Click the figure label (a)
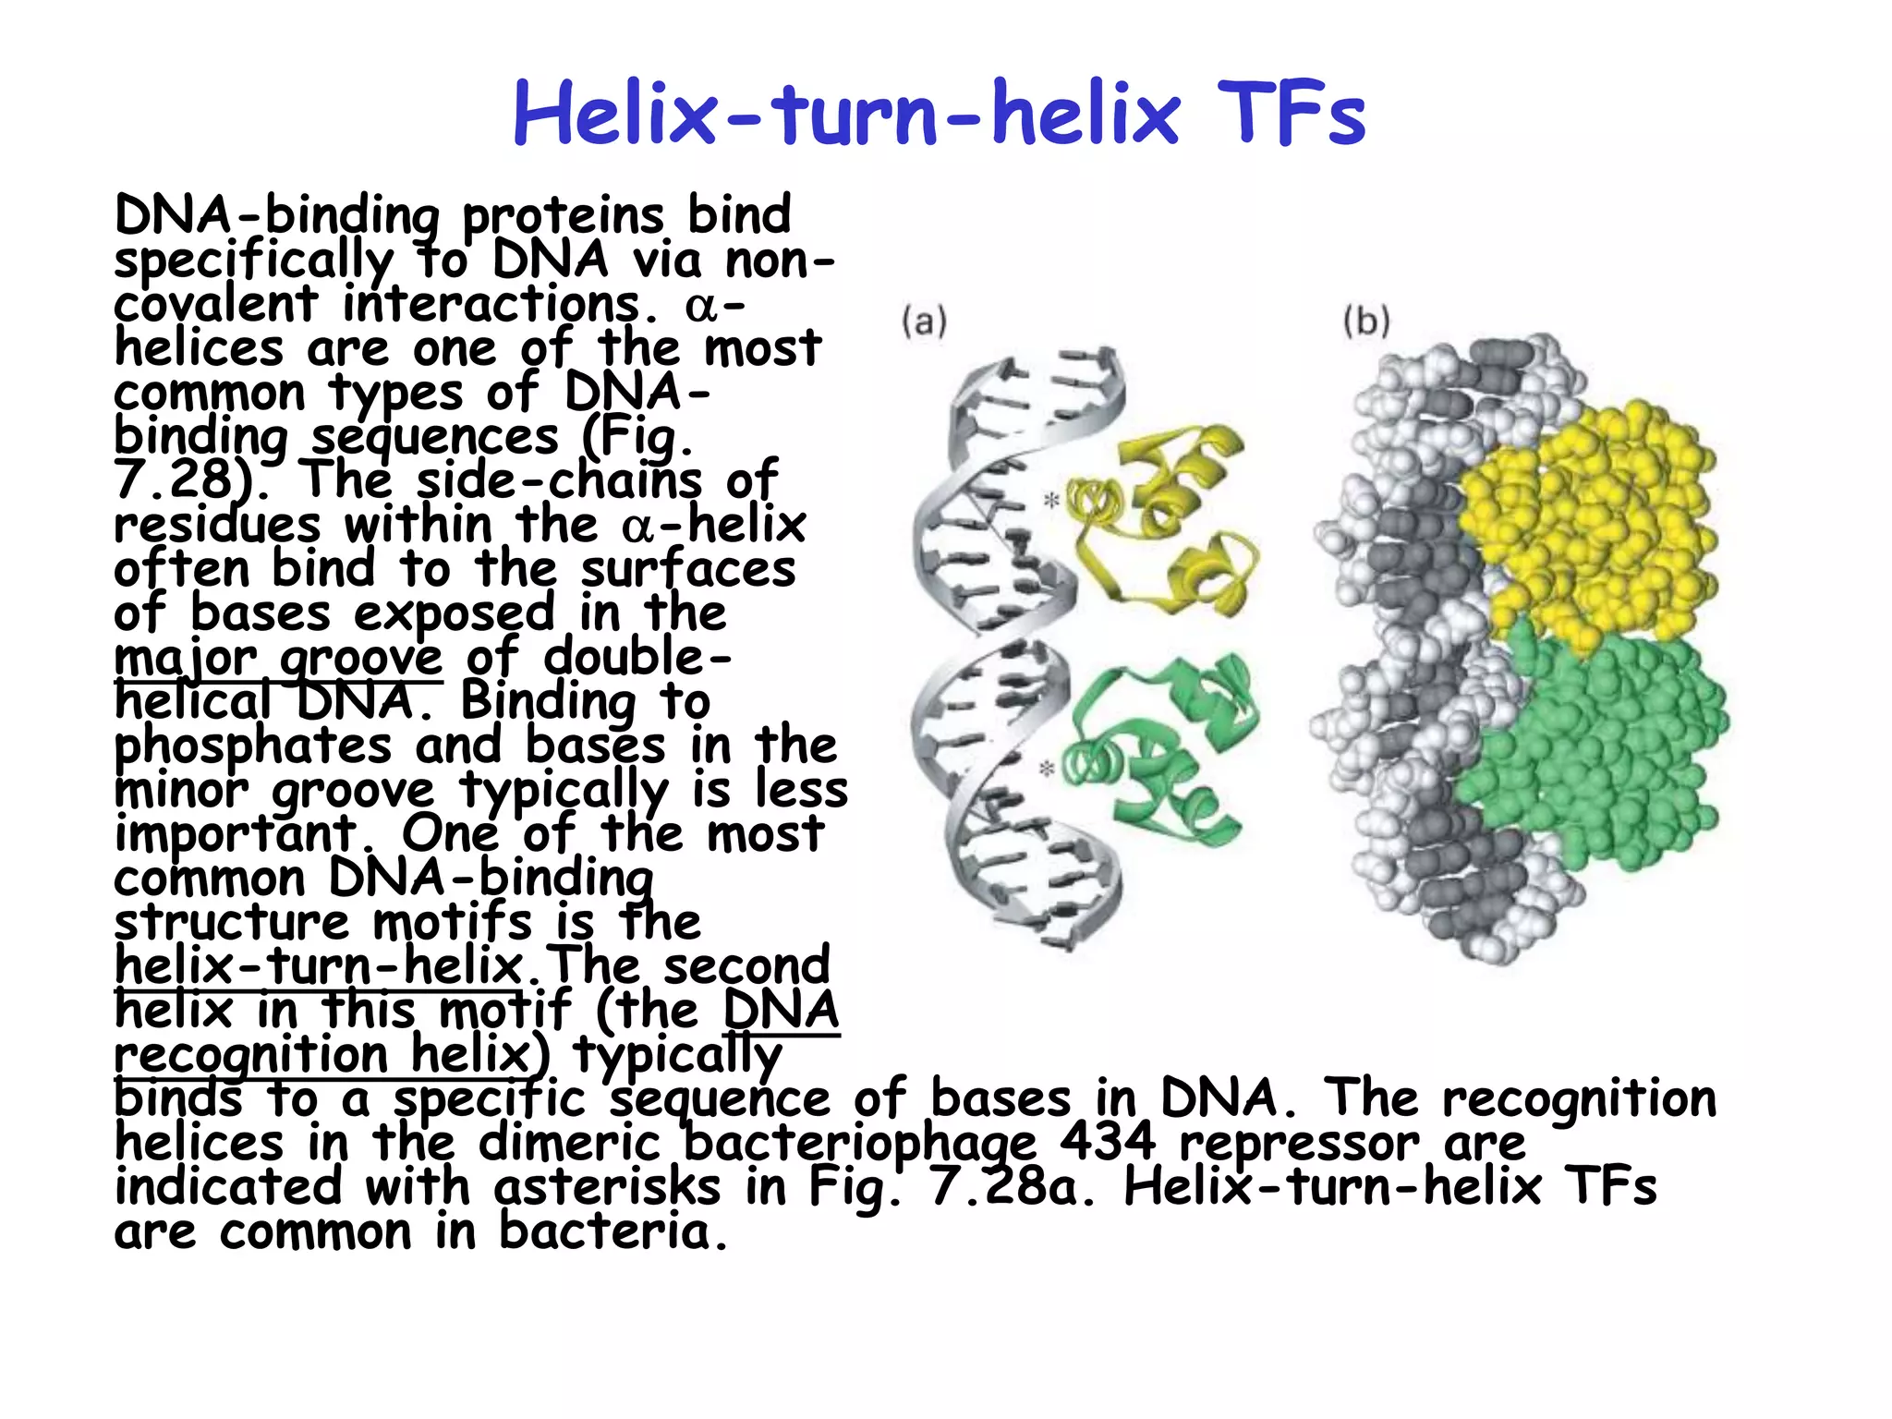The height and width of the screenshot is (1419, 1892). coord(924,322)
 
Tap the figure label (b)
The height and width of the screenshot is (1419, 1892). coord(1366,322)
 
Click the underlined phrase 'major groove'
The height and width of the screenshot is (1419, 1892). coord(278,658)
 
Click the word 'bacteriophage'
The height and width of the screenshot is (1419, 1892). coord(859,1144)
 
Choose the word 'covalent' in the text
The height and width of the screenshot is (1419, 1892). coord(215,304)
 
